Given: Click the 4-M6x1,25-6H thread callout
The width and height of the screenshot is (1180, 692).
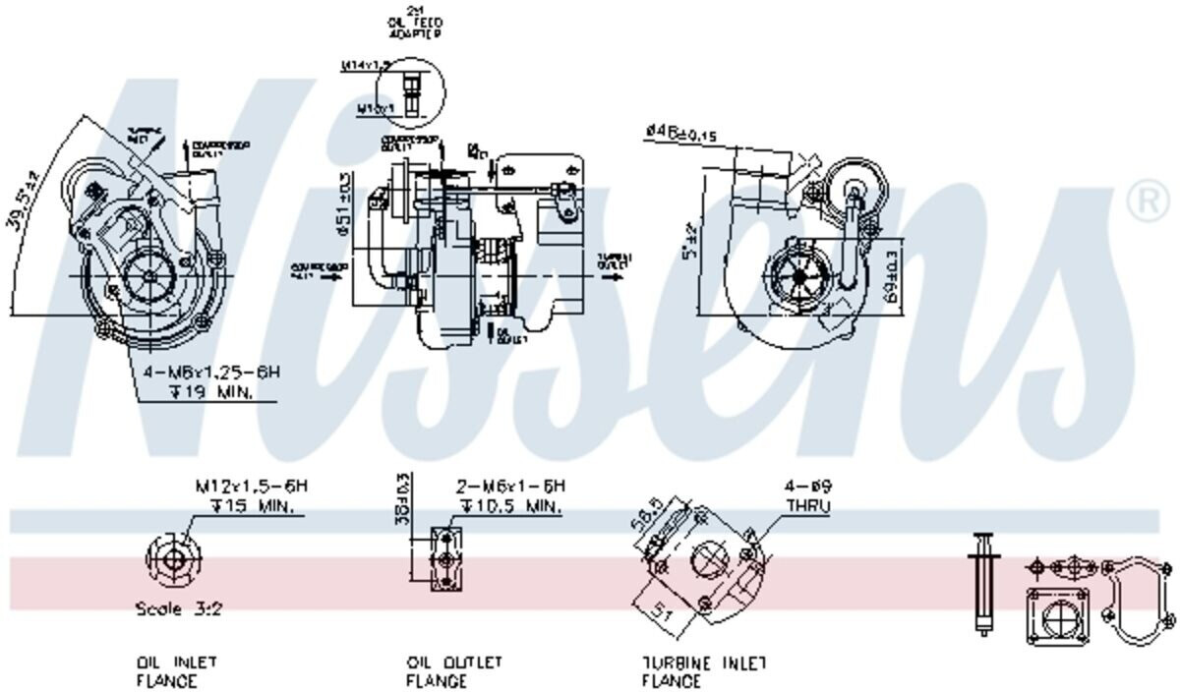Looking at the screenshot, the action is tap(211, 373).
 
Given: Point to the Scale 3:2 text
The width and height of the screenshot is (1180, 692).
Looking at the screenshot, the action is tap(178, 609).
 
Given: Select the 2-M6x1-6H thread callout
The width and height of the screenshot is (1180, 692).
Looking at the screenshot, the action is tap(510, 487).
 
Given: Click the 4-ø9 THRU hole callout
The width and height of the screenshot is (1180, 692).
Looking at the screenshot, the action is tap(807, 496).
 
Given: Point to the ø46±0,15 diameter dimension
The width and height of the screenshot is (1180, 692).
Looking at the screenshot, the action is tap(694, 132).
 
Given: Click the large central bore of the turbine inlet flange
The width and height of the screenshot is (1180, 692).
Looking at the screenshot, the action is tap(709, 561).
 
